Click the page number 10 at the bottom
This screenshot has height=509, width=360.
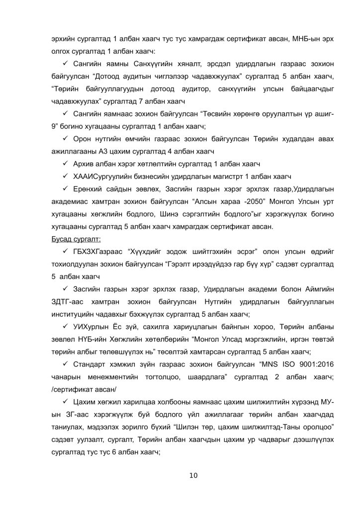coord(194,476)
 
